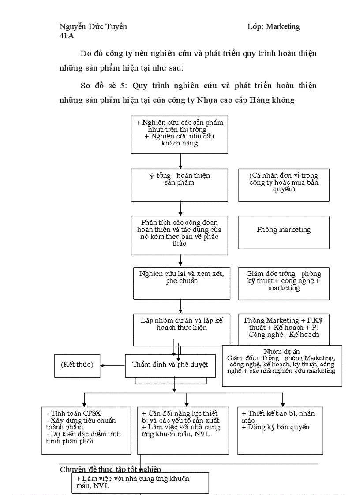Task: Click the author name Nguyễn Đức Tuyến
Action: point(93,26)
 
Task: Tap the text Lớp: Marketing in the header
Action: point(273,26)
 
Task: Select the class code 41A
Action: point(67,36)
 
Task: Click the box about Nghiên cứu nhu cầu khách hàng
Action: point(180,134)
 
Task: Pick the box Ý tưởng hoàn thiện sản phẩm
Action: point(180,185)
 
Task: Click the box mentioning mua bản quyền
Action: point(284,185)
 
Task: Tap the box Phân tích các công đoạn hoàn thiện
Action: point(180,235)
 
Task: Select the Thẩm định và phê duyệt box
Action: point(170,365)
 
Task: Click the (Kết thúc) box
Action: point(77,365)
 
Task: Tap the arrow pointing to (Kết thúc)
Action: point(112,365)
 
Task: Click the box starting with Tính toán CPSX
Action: point(86,430)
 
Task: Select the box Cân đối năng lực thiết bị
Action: point(183,430)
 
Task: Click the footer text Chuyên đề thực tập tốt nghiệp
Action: point(110,469)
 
